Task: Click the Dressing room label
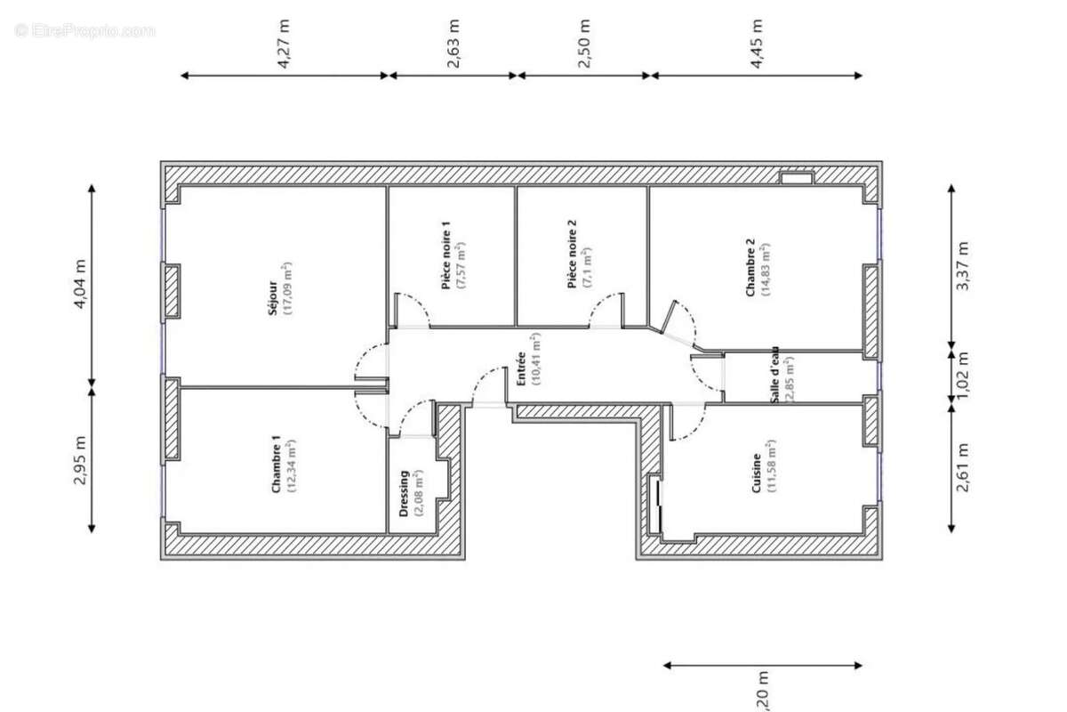coord(404,494)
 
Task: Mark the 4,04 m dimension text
coord(81,284)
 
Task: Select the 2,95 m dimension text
coord(81,460)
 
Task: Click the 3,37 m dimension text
coord(961,266)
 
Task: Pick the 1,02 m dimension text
coord(961,374)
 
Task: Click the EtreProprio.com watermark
coord(85,30)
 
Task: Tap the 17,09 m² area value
coord(287,289)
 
